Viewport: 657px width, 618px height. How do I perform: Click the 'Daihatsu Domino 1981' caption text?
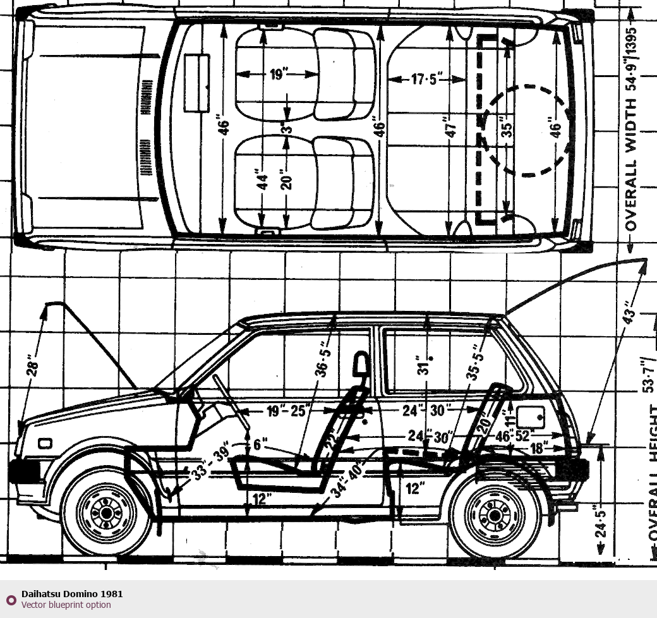72,593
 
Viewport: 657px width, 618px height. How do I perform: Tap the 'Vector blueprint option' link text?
66,605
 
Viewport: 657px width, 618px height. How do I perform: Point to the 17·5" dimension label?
428,80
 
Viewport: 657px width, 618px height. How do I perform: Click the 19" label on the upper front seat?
277,75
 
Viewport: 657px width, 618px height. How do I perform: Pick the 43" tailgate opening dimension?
627,316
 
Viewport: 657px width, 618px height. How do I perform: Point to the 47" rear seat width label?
450,127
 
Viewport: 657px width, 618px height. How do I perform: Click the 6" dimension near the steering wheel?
260,444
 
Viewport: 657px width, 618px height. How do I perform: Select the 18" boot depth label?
538,448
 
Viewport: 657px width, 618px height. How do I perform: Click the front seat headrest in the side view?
361,365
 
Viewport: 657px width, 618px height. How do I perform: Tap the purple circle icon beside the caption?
11,599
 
